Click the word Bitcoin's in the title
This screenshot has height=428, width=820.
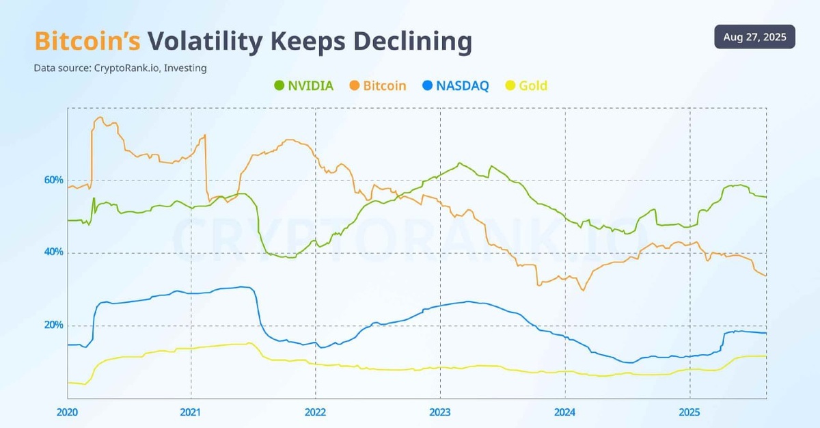point(87,42)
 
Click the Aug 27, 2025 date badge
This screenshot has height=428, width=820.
point(754,36)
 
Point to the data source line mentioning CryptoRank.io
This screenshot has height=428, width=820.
point(120,68)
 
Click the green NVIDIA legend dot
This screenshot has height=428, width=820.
point(279,85)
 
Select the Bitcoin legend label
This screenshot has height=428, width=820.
point(384,85)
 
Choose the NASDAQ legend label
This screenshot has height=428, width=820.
point(463,85)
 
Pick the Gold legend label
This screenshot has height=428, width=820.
point(533,85)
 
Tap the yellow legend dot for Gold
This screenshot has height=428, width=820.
point(509,85)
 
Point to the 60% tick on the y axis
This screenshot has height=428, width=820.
point(54,180)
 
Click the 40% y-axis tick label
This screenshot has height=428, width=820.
point(54,252)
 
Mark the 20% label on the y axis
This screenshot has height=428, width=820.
point(54,325)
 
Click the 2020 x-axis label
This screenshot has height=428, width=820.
point(67,412)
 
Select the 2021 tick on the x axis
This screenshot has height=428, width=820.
point(191,412)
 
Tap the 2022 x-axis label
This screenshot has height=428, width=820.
point(315,412)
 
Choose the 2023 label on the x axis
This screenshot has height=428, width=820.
point(440,412)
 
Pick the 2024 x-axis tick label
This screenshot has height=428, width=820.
point(564,412)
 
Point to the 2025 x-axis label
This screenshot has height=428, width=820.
point(689,412)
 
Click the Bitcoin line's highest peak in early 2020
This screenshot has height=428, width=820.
point(100,118)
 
